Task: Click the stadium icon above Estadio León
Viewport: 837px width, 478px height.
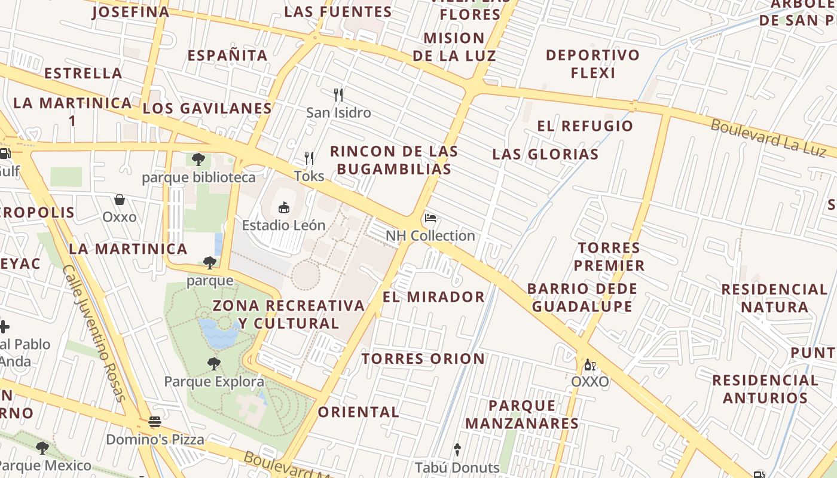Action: pyautogui.click(x=284, y=208)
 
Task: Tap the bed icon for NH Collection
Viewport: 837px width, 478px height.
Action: pyautogui.click(x=430, y=218)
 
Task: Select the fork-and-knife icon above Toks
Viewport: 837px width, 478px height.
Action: pyautogui.click(x=309, y=158)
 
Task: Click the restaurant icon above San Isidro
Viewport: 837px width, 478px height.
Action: pyautogui.click(x=338, y=94)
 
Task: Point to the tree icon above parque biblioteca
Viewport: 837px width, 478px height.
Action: pyautogui.click(x=198, y=160)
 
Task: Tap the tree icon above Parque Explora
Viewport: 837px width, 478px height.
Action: pyautogui.click(x=213, y=363)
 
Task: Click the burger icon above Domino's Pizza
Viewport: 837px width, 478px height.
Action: pyautogui.click(x=155, y=422)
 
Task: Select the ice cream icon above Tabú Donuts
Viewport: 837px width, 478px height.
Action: pyautogui.click(x=457, y=449)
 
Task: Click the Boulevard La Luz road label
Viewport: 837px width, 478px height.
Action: pyautogui.click(x=768, y=137)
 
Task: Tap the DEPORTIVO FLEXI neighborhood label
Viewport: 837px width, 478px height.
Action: pyautogui.click(x=592, y=64)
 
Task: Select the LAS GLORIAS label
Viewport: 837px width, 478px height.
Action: pyautogui.click(x=545, y=154)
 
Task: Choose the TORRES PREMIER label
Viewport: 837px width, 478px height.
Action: pyautogui.click(x=609, y=256)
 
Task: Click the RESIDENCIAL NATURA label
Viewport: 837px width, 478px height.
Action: pyautogui.click(x=774, y=298)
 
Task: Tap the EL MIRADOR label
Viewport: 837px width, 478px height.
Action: pyautogui.click(x=433, y=296)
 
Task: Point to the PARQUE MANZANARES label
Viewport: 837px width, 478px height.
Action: pyautogui.click(x=522, y=415)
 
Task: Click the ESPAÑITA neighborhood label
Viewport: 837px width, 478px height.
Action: pyautogui.click(x=227, y=56)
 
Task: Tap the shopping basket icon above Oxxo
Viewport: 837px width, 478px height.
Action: pyautogui.click(x=120, y=199)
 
